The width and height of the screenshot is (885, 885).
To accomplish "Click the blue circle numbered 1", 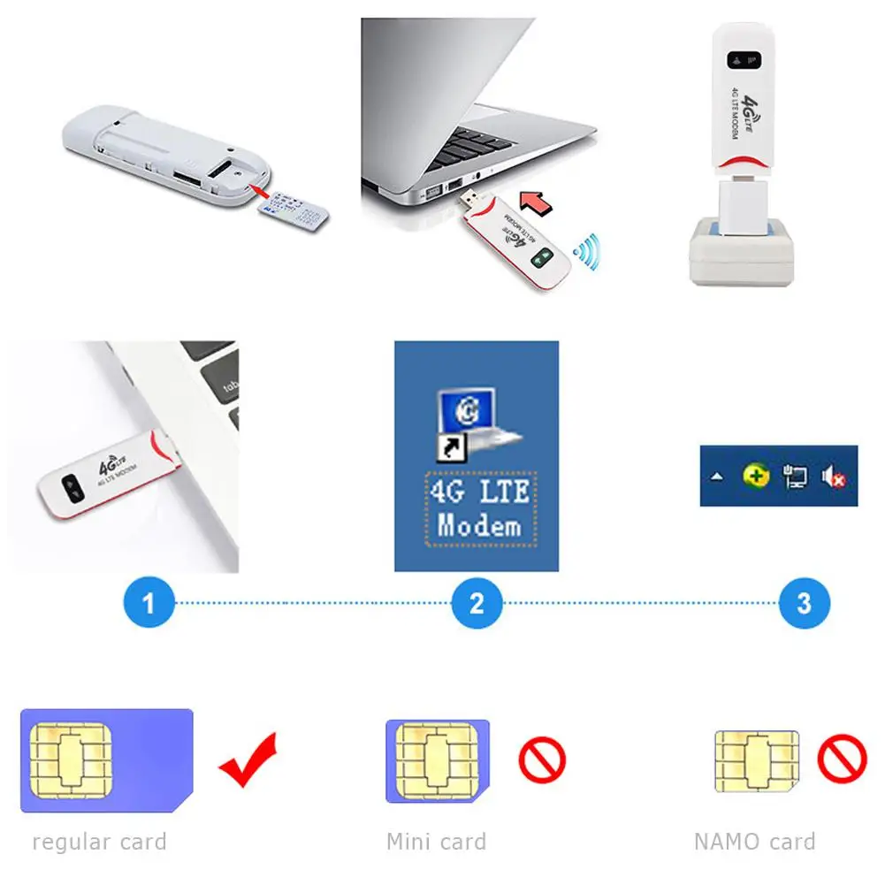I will pos(149,604).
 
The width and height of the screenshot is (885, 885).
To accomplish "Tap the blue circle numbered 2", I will pos(477,604).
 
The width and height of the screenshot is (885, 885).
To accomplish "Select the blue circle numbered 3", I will pos(804,604).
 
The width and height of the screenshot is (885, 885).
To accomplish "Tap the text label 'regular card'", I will pos(99,842).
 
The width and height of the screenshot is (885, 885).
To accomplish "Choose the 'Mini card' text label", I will pos(436,842).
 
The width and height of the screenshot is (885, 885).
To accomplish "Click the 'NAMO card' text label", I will pos(754,842).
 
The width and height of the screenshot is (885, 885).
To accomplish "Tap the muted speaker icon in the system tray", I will pos(833,477).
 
